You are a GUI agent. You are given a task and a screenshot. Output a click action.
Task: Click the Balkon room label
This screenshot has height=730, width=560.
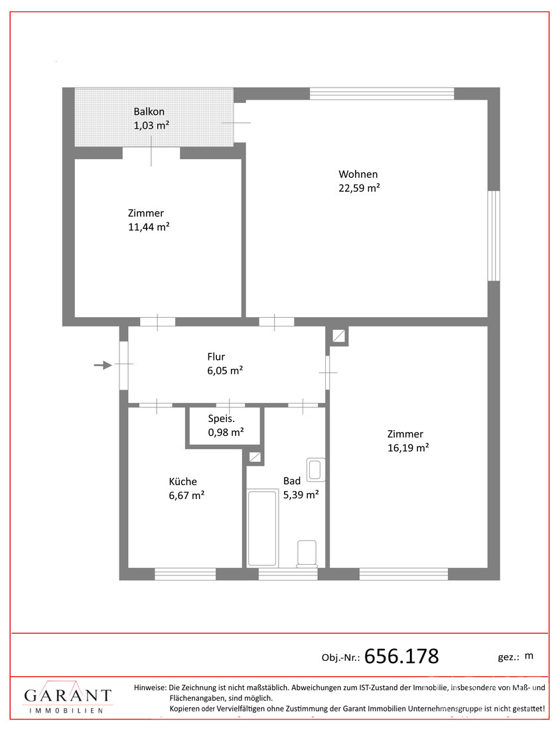[x=149, y=111]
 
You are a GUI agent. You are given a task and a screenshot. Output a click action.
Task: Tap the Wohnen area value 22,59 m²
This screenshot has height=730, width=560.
[x=359, y=188]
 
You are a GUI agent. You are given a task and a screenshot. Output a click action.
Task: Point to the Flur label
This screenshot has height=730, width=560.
[x=216, y=357]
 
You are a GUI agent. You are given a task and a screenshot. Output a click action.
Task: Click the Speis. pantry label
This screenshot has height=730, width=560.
[x=222, y=419]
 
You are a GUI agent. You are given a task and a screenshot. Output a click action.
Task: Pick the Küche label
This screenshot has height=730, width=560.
[x=182, y=482]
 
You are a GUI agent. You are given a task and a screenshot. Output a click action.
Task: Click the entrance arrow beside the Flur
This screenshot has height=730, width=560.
[x=103, y=364]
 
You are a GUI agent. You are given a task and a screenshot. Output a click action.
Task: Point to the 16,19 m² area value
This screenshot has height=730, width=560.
[x=408, y=448]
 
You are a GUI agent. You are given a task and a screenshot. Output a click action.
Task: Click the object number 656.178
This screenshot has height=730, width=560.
[x=402, y=656]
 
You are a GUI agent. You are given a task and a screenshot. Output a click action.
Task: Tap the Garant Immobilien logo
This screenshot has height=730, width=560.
[x=68, y=699]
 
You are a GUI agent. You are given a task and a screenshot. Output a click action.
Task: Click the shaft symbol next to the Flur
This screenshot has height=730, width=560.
[x=339, y=336]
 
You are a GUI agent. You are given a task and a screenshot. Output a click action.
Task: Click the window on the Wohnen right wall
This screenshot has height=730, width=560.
[x=494, y=236]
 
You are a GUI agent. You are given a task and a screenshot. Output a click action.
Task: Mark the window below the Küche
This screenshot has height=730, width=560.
[x=185, y=574]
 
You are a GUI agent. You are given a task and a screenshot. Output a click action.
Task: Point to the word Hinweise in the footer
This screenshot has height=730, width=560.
[x=150, y=688]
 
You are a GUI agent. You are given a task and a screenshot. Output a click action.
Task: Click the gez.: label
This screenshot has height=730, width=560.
[x=508, y=656]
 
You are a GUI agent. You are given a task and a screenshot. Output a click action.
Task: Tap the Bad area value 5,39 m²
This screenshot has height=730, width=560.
[x=301, y=494]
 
